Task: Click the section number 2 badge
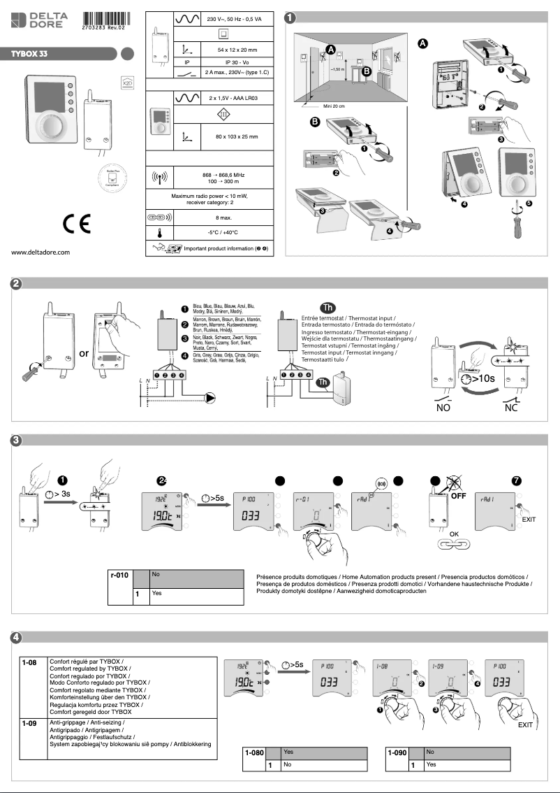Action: [x=16, y=284]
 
